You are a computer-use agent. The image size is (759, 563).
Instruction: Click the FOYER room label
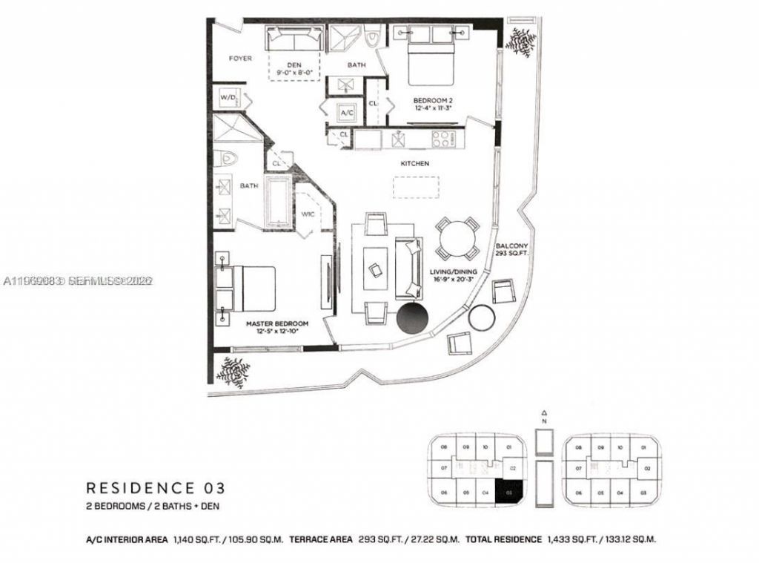pyautogui.click(x=239, y=58)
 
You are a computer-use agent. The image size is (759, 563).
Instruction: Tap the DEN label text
pyautogui.click(x=294, y=65)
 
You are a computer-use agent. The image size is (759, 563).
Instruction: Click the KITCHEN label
pyautogui.click(x=415, y=163)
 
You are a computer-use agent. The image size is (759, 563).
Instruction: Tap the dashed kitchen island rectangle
pyautogui.click(x=417, y=188)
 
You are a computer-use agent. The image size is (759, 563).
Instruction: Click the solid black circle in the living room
pyautogui.click(x=413, y=319)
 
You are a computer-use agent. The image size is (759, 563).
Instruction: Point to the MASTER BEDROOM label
pyautogui.click(x=277, y=324)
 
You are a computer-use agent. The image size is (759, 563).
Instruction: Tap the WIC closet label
pyautogui.click(x=308, y=215)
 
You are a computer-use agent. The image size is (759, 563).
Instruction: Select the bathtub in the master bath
pyautogui.click(x=280, y=201)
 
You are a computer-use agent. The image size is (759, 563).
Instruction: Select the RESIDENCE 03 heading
pyautogui.click(x=155, y=488)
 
